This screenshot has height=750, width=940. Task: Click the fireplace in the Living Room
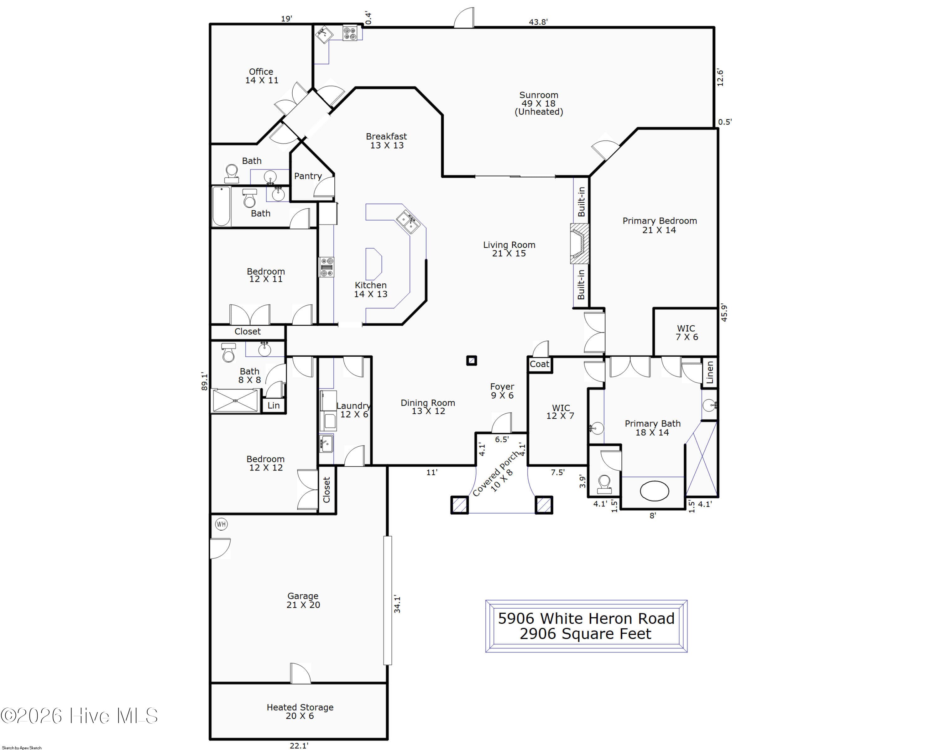tap(579, 244)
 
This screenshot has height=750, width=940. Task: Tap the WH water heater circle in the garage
tap(221, 524)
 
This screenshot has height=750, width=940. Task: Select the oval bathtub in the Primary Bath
tap(654, 491)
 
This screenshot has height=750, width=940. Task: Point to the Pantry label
tap(308, 176)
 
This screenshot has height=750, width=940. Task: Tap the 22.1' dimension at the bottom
tap(299, 746)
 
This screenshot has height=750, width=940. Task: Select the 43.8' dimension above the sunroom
tap(538, 22)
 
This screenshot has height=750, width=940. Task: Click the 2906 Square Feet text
tap(586, 634)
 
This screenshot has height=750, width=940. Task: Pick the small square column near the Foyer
tap(471, 361)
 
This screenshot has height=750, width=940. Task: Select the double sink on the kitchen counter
tap(408, 222)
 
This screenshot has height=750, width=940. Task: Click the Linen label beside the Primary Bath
tap(710, 372)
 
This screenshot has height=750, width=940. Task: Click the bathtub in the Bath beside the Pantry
tap(222, 206)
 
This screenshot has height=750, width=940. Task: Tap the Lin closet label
tap(273, 406)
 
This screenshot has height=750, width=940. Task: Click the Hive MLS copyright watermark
tap(79, 716)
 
